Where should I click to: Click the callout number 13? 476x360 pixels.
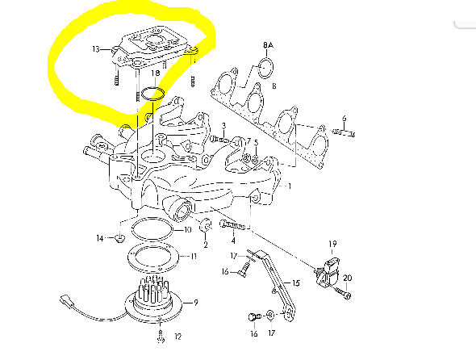(96, 48)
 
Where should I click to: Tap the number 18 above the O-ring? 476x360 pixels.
(155, 73)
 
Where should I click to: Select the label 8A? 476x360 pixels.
(268, 45)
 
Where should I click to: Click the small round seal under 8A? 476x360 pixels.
(265, 68)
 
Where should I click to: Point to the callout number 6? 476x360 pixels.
(344, 119)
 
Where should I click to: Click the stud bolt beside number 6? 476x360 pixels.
(344, 132)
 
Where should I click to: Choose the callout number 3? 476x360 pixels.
(223, 125)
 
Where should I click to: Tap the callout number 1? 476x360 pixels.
(290, 186)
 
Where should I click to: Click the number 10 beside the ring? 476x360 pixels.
(187, 230)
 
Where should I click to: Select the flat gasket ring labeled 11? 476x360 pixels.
(153, 256)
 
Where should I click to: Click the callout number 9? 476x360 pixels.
(196, 303)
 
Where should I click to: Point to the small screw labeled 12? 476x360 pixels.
(161, 336)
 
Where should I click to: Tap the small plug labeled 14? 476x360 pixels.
(120, 238)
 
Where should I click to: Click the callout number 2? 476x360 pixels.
(206, 245)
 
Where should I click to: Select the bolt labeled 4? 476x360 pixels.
(232, 225)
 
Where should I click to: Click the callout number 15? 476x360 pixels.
(296, 283)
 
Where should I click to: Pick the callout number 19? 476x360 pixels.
(332, 244)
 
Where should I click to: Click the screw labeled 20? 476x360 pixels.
(343, 292)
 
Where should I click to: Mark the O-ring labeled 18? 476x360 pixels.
(153, 94)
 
